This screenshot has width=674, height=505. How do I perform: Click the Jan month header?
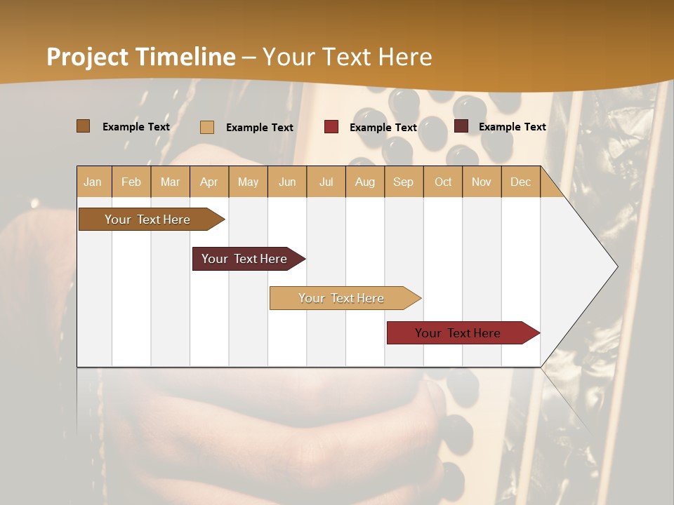click(93, 182)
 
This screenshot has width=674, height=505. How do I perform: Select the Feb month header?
click(131, 182)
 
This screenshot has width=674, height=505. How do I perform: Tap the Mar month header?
click(170, 182)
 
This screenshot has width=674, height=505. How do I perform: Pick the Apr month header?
click(209, 182)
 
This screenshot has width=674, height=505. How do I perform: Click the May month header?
click(248, 182)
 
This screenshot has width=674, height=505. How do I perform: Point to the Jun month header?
click(287, 182)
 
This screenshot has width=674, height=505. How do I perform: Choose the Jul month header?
click(326, 182)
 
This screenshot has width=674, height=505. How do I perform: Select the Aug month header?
click(365, 182)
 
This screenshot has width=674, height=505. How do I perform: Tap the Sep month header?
click(404, 182)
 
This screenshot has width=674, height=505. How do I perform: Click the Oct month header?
click(443, 182)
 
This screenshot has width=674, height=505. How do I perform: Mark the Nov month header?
click(482, 182)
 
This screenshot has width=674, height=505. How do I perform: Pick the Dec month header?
click(521, 182)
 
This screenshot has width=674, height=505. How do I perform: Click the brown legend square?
click(84, 126)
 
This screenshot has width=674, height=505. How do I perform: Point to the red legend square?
click(331, 127)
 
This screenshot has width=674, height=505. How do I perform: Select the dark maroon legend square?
click(461, 126)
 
